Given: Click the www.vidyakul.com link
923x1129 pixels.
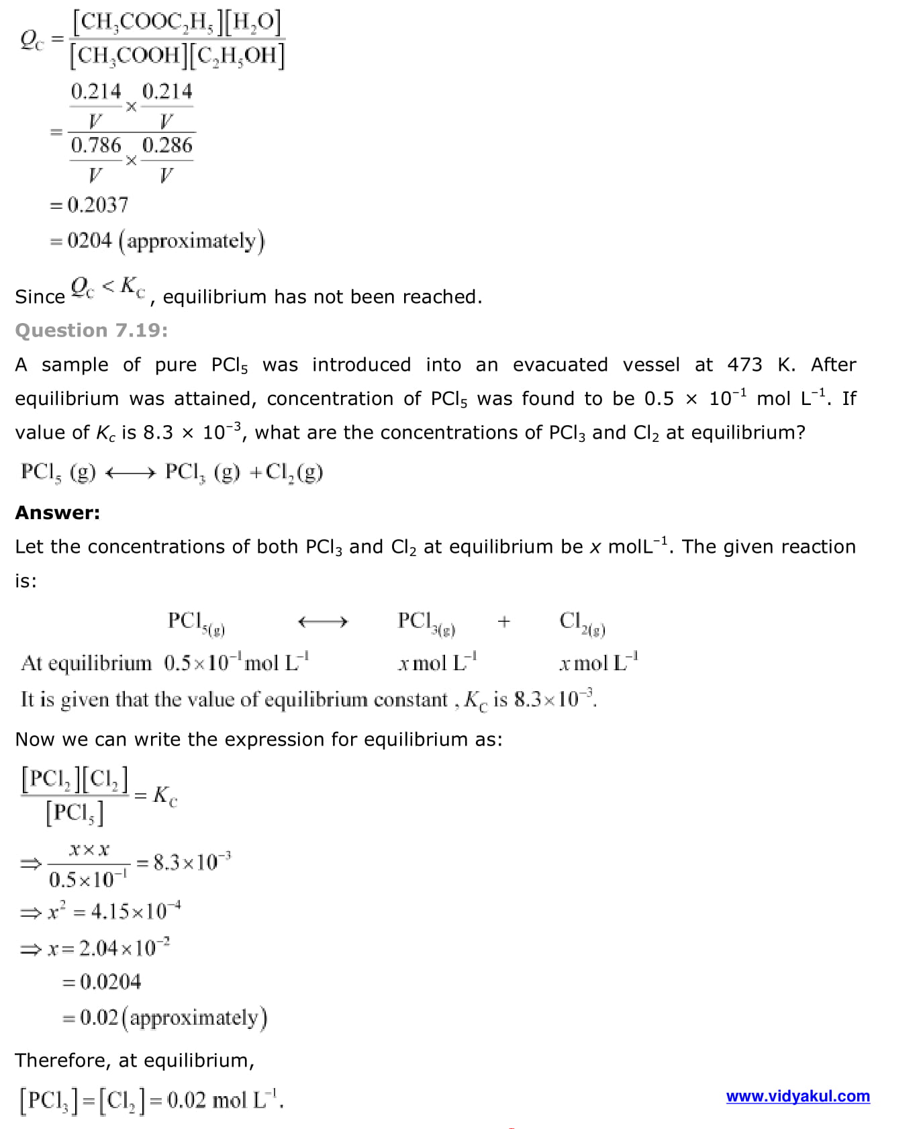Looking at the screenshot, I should (x=797, y=1096).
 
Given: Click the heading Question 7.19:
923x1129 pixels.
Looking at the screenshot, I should (x=91, y=330).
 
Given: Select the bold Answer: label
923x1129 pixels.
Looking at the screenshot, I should (x=58, y=512).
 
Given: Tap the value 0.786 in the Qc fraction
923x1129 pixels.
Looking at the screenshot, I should (x=96, y=145).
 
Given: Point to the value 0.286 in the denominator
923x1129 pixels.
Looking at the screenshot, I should (x=167, y=145).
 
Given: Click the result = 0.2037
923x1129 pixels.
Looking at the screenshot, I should (x=89, y=204).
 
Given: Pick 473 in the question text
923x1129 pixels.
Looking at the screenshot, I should (x=744, y=365).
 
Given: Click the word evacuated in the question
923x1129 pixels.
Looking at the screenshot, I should (x=560, y=365).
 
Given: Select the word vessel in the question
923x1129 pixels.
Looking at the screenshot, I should (x=651, y=365).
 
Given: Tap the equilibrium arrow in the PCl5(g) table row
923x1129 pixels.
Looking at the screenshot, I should (x=323, y=622).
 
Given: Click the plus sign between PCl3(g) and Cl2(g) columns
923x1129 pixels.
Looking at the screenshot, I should (x=503, y=622).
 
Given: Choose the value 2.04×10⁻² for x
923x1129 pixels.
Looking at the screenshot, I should (x=124, y=948).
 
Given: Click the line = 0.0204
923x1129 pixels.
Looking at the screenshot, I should (x=102, y=982).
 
